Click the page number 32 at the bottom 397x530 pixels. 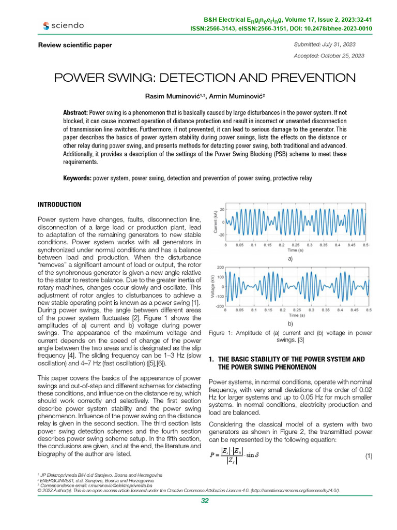(x=204, y=500)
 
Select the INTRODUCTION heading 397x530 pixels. (x=59, y=205)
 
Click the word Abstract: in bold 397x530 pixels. (x=75, y=112)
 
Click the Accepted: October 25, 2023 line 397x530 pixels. (x=329, y=56)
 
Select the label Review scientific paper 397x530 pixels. (x=75, y=45)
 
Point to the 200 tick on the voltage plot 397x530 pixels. (x=220, y=268)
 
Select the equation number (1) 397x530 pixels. (x=369, y=456)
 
